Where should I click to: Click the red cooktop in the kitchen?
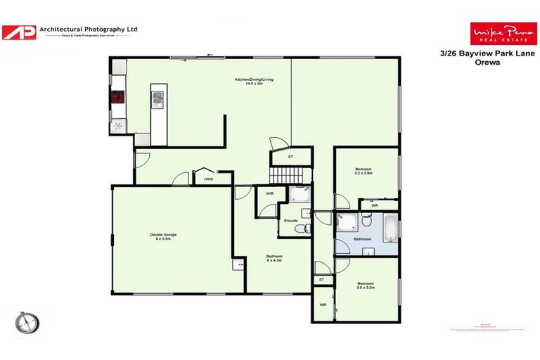(x=117, y=98)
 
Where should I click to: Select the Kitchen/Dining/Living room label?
(x=254, y=82)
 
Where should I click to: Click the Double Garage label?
(x=162, y=236)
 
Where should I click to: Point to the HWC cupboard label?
(x=208, y=179)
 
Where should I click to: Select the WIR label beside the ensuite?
(x=269, y=193)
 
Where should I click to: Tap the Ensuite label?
(x=290, y=220)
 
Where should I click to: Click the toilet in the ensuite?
(x=300, y=229)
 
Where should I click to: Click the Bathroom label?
(x=362, y=239)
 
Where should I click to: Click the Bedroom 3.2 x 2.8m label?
(x=363, y=171)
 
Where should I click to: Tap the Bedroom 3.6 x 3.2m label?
(x=365, y=285)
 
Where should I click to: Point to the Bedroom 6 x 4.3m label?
(x=274, y=257)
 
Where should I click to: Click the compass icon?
(x=27, y=322)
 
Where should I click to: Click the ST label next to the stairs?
(x=291, y=157)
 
